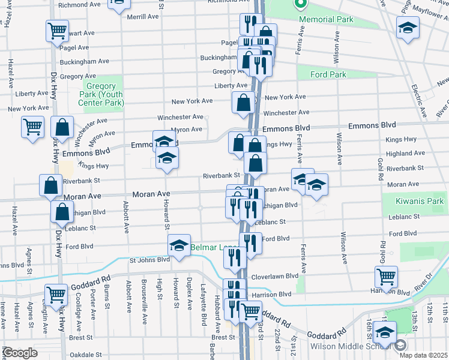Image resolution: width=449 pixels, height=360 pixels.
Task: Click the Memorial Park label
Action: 327,19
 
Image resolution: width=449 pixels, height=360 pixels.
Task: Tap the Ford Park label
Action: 328,75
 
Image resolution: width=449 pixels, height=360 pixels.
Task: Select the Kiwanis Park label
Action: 418,202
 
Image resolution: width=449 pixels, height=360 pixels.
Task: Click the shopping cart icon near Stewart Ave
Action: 56,31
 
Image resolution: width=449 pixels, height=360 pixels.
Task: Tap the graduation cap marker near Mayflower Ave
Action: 408,28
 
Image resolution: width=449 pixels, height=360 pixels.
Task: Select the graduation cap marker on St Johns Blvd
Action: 179,245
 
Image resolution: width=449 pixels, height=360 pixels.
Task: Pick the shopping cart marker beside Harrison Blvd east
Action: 386,277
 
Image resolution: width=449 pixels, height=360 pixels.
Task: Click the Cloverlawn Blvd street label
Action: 277,276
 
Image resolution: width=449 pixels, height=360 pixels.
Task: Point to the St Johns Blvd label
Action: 149,260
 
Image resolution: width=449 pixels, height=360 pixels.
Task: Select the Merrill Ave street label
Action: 143,17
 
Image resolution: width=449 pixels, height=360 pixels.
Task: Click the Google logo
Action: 20,352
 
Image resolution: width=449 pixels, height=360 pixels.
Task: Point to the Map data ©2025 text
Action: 423,355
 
